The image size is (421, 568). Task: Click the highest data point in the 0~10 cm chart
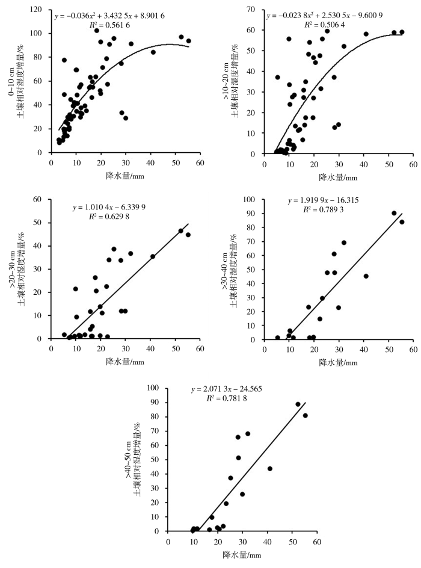click(96, 31)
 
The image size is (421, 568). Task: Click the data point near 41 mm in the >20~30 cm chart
click(153, 256)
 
